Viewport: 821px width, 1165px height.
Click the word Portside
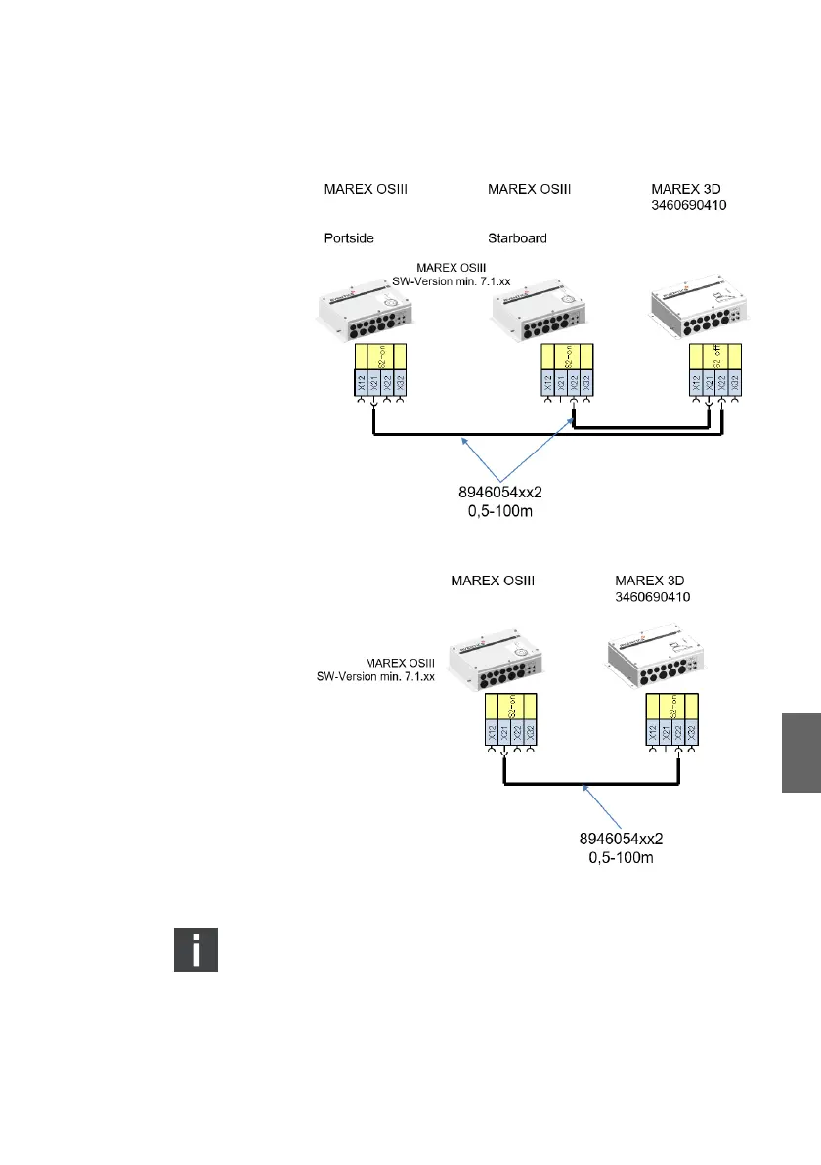pyautogui.click(x=350, y=237)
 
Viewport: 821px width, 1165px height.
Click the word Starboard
pyautogui.click(x=517, y=237)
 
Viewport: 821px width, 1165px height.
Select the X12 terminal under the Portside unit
pyautogui.click(x=361, y=384)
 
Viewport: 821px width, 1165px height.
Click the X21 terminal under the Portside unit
pyautogui.click(x=374, y=384)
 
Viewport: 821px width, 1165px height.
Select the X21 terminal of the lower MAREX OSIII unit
pyautogui.click(x=505, y=734)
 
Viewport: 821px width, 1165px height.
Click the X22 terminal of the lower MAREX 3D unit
pyautogui.click(x=679, y=734)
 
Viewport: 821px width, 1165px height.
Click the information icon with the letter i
pyautogui.click(x=195, y=950)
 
